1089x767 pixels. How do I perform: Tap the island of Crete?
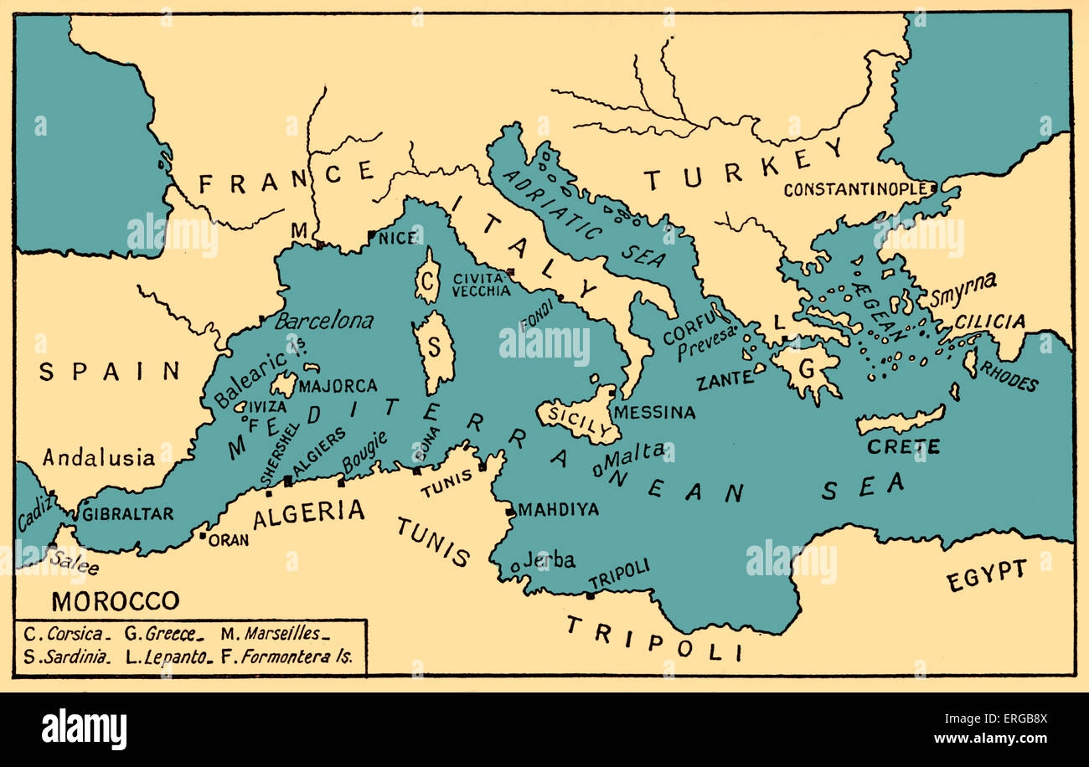click(x=901, y=420)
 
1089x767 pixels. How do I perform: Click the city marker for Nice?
click(x=371, y=235)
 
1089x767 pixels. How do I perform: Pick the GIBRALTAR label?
click(x=127, y=514)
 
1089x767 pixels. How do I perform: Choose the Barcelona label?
click(x=324, y=321)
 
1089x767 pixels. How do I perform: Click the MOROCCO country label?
click(x=115, y=600)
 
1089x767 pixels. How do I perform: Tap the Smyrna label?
click(x=963, y=283)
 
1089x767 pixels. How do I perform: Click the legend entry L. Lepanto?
click(x=166, y=657)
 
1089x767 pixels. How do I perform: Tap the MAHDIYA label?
click(x=558, y=510)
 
